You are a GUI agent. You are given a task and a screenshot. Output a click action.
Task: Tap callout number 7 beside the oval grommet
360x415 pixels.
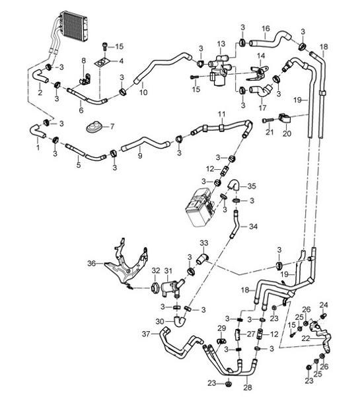(x=112, y=126)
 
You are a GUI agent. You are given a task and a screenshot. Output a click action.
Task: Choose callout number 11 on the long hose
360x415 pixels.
(x=222, y=114)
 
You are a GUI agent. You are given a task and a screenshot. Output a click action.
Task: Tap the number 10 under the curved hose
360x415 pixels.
(x=143, y=93)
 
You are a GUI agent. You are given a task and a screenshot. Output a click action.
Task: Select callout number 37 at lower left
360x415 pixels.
(x=146, y=334)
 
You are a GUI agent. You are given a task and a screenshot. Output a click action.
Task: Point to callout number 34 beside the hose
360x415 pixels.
(x=253, y=227)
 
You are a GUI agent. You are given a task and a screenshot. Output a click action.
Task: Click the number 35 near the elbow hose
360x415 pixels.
(x=251, y=186)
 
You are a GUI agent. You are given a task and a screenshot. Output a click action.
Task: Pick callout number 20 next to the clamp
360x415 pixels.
(x=286, y=133)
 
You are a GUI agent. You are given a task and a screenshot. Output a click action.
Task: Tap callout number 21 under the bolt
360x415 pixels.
(x=269, y=133)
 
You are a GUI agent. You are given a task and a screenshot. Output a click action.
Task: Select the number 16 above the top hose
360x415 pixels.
(x=266, y=28)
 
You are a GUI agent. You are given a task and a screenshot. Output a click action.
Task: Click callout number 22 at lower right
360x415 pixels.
(x=305, y=338)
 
